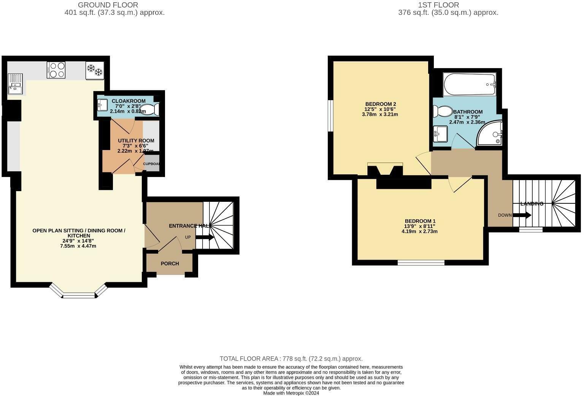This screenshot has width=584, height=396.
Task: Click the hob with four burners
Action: (x=56, y=70)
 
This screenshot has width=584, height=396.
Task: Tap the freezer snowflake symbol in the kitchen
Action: (x=94, y=70)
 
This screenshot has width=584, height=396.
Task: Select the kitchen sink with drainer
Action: (x=15, y=84)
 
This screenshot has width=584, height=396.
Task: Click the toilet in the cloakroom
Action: (x=151, y=110)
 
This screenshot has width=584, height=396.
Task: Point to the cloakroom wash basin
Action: (x=102, y=104)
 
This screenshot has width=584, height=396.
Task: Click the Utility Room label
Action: (x=136, y=141)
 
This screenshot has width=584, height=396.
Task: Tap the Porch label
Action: (x=170, y=263)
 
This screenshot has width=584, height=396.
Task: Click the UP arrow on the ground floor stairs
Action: (x=205, y=237)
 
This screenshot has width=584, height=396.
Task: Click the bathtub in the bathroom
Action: (x=470, y=85)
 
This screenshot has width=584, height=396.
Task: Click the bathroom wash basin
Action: (x=440, y=134)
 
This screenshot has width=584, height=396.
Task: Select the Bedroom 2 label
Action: (x=381, y=104)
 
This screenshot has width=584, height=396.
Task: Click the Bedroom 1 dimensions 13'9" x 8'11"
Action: (x=420, y=226)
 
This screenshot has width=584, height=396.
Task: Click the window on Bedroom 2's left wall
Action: (x=331, y=116)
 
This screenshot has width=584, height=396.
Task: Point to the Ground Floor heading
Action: (x=108, y=5)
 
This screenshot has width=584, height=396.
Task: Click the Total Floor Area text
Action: (x=291, y=359)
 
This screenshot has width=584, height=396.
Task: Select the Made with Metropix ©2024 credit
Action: (x=291, y=393)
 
